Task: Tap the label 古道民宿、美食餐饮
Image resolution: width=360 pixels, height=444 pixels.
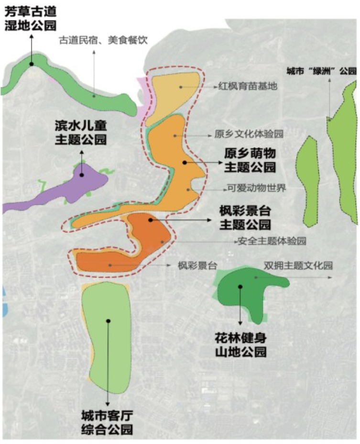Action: (103, 41)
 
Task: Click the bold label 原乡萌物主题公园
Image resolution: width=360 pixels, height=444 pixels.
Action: (251, 160)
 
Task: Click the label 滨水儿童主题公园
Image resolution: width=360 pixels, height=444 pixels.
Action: (81, 133)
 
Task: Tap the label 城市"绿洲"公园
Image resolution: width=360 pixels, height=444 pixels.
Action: (321, 71)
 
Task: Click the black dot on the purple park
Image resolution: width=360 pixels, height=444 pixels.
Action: (82, 175)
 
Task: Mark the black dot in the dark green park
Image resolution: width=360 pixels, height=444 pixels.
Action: (240, 287)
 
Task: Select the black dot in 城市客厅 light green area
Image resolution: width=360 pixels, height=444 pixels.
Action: (109, 321)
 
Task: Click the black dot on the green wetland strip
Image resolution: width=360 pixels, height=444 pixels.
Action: (32, 64)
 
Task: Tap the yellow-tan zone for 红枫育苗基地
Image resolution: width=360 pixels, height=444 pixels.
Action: (172, 93)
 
